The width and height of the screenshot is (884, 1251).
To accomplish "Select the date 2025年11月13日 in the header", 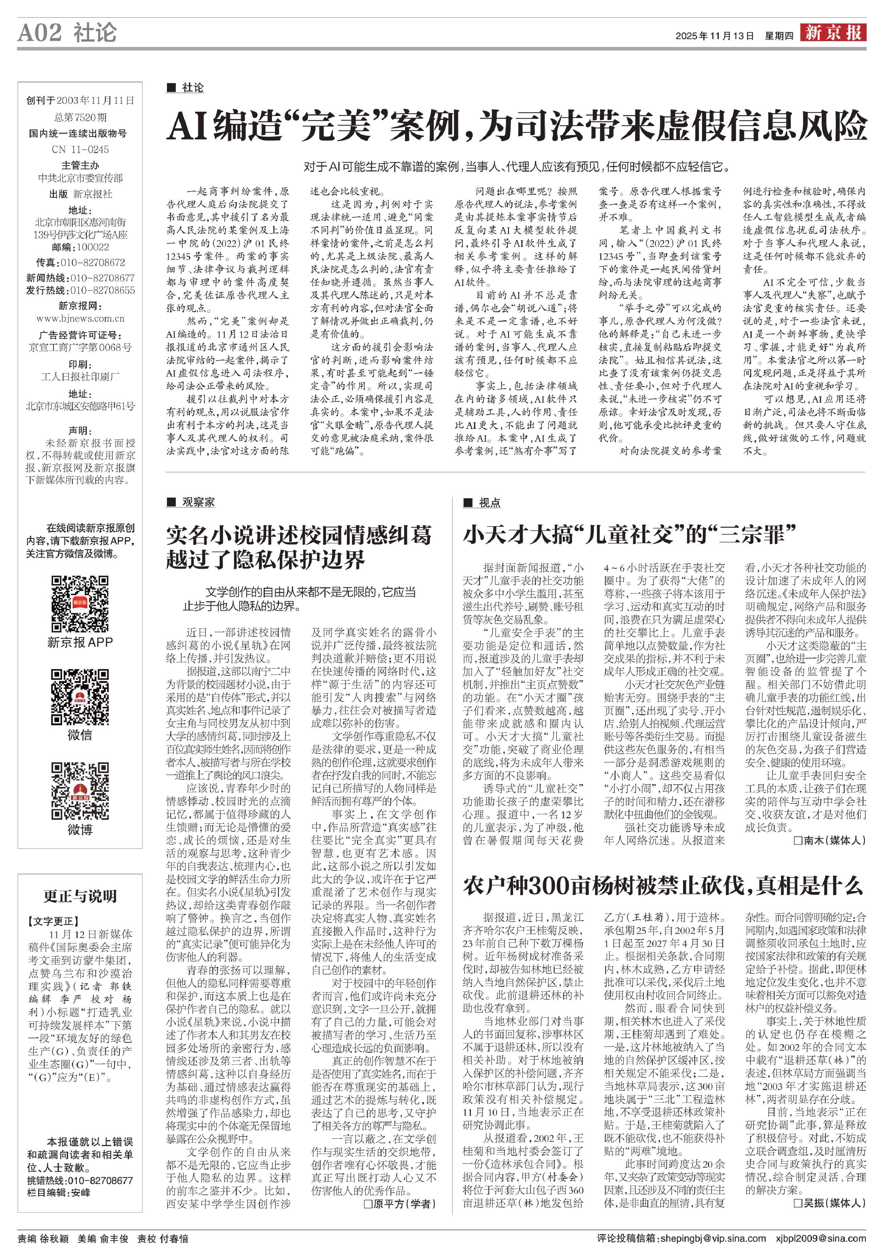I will (x=715, y=36).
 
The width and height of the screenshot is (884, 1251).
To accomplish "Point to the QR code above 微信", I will (x=80, y=697).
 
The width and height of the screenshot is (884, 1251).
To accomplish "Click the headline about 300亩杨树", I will (x=663, y=886).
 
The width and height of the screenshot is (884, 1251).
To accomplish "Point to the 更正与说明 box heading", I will (x=80, y=896).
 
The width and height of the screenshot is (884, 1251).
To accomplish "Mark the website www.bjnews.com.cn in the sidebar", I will (x=80, y=319).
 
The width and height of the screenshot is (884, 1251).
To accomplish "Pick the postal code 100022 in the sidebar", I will (x=92, y=247).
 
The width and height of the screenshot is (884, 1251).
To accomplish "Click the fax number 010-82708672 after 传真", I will (x=92, y=263).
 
